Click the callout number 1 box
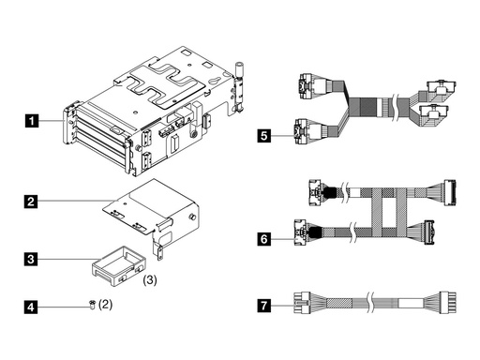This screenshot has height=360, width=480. coord(33,120)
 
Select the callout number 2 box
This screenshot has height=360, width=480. coord(33,202)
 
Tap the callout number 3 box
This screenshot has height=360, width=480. coord(33,256)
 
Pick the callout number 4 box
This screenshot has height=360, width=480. coord(33,306)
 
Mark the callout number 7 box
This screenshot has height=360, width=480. coord(265,305)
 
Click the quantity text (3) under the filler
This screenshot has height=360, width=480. coord(149,279)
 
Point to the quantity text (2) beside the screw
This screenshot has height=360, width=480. coord(105,305)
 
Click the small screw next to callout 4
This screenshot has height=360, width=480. coord(90,306)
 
